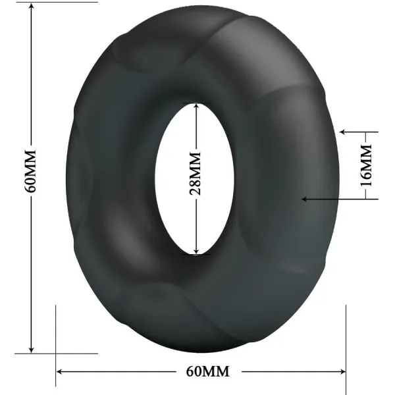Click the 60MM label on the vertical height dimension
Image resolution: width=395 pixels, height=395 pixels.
coord(30,171)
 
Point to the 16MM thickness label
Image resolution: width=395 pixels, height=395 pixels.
coord(367,167)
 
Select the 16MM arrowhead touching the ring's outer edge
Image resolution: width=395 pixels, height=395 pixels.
coord(343,132)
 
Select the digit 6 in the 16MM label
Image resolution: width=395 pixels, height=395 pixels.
coord(367,174)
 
